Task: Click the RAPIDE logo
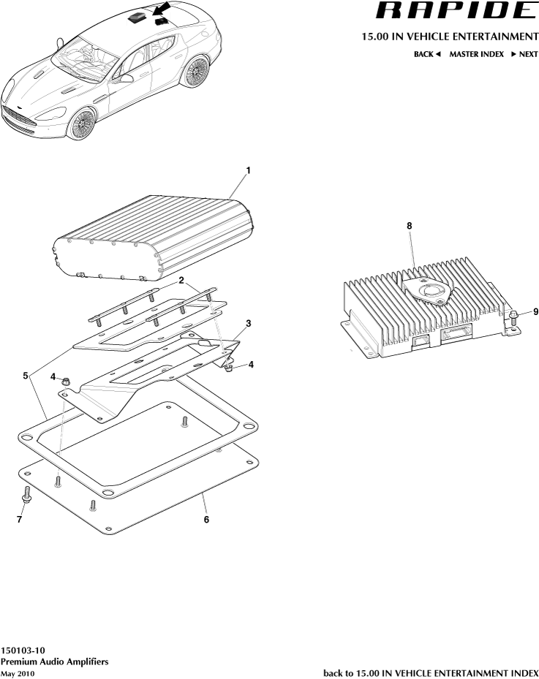coord(455,11)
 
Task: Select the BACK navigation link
coord(427,54)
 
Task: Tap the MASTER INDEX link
coord(476,54)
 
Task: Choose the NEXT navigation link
coord(524,54)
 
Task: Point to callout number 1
coord(248,170)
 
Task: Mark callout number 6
coord(206,520)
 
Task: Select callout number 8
coord(410,227)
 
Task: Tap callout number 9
coord(535,311)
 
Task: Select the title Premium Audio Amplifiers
coord(55,661)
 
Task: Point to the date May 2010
coord(18,672)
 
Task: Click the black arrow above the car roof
coord(165,10)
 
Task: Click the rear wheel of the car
coord(195,72)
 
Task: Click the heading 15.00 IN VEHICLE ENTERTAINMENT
coord(450,36)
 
